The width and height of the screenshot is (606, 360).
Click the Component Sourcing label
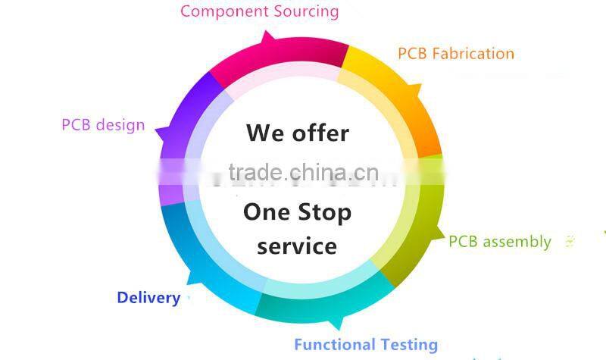pyautogui.click(x=259, y=11)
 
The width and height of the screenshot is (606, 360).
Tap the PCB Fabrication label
pyautogui.click(x=455, y=54)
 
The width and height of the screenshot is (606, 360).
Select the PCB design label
pyautogui.click(x=103, y=125)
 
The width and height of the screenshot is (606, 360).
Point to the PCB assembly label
pyautogui.click(x=500, y=242)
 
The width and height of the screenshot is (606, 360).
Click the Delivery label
pyautogui.click(x=148, y=298)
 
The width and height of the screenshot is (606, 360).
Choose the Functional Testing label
pyautogui.click(x=366, y=345)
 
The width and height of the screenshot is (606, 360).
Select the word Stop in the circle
pyautogui.click(x=323, y=213)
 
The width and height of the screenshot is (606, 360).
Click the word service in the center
pyautogui.click(x=297, y=246)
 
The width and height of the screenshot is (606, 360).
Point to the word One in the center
pyautogui.click(x=265, y=212)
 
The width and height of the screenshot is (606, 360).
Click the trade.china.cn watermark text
pyautogui.click(x=303, y=173)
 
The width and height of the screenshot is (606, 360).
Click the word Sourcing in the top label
pyautogui.click(x=304, y=11)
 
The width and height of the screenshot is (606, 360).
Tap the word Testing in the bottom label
pyautogui.click(x=409, y=345)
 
